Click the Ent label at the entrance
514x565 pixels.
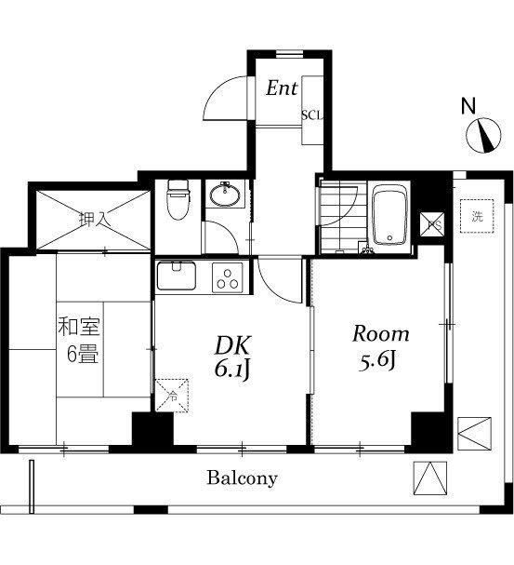coord(282,88)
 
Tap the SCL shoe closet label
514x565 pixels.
coord(312,115)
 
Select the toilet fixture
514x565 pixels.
coord(178,199)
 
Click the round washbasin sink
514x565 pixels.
coord(225,195)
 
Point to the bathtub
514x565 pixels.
coord(389,215)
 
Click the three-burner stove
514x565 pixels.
coord(228,277)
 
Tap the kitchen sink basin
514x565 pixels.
coord(177,276)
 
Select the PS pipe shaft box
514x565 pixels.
coord(432,224)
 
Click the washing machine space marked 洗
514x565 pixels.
coord(477,216)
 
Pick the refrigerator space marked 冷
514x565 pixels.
coord(172,395)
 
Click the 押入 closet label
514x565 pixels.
coord(93,219)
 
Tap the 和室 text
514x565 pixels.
coord(79,327)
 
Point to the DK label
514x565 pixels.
coord(232,345)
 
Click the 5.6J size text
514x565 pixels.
coord(377,361)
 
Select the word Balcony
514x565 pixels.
coord(242,478)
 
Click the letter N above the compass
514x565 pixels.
coord(468,106)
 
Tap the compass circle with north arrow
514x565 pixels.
coord(483,136)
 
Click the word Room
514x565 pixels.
coord(380,333)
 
